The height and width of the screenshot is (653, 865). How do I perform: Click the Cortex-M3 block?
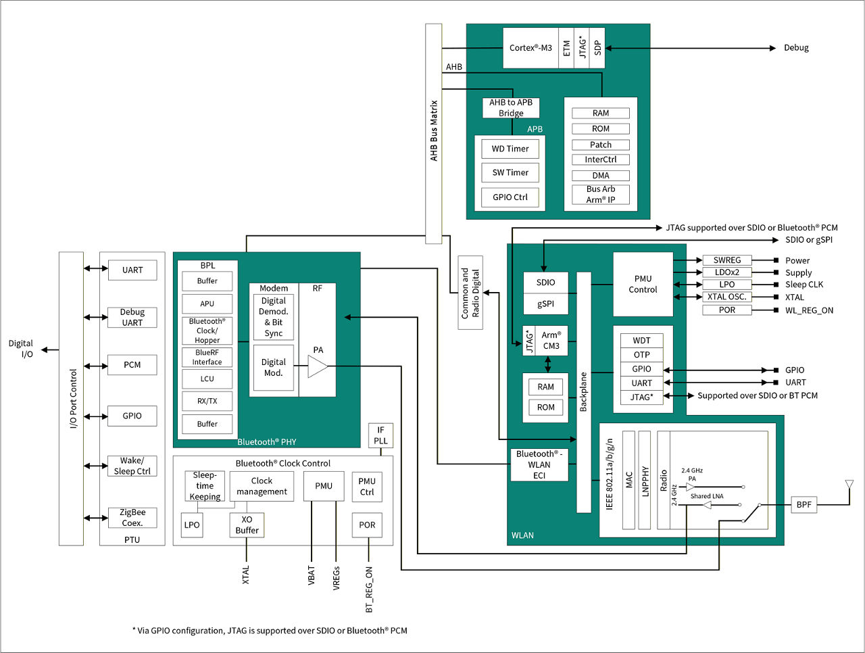click(x=530, y=48)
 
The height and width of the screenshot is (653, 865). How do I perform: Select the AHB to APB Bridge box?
click(x=511, y=108)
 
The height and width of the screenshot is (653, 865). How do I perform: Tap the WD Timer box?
click(x=510, y=149)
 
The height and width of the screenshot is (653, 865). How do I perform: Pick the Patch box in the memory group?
click(x=601, y=145)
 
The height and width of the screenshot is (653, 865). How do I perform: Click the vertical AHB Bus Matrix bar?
click(x=434, y=133)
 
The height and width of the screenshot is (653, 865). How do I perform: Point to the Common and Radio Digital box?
click(x=470, y=293)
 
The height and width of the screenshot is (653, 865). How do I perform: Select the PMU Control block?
click(x=643, y=284)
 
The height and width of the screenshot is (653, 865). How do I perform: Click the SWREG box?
click(x=727, y=260)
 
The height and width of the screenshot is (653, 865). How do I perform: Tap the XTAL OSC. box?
click(x=727, y=297)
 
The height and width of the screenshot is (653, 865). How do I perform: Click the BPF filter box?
click(x=804, y=505)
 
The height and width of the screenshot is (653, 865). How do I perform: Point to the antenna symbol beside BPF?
click(x=849, y=485)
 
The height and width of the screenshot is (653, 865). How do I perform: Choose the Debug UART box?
click(x=132, y=318)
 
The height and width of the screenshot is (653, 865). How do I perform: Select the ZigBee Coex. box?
click(x=132, y=518)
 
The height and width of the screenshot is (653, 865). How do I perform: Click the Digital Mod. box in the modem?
click(x=274, y=368)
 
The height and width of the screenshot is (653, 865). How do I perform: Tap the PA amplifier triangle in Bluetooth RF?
click(x=317, y=366)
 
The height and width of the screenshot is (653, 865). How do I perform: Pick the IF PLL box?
click(x=380, y=435)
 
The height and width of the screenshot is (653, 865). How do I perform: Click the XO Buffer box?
click(x=247, y=525)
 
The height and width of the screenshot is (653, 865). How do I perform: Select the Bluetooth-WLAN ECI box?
click(x=539, y=464)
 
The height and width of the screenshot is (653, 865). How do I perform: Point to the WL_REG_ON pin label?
click(x=809, y=310)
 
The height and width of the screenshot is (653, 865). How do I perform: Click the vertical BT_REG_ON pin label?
click(x=369, y=589)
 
